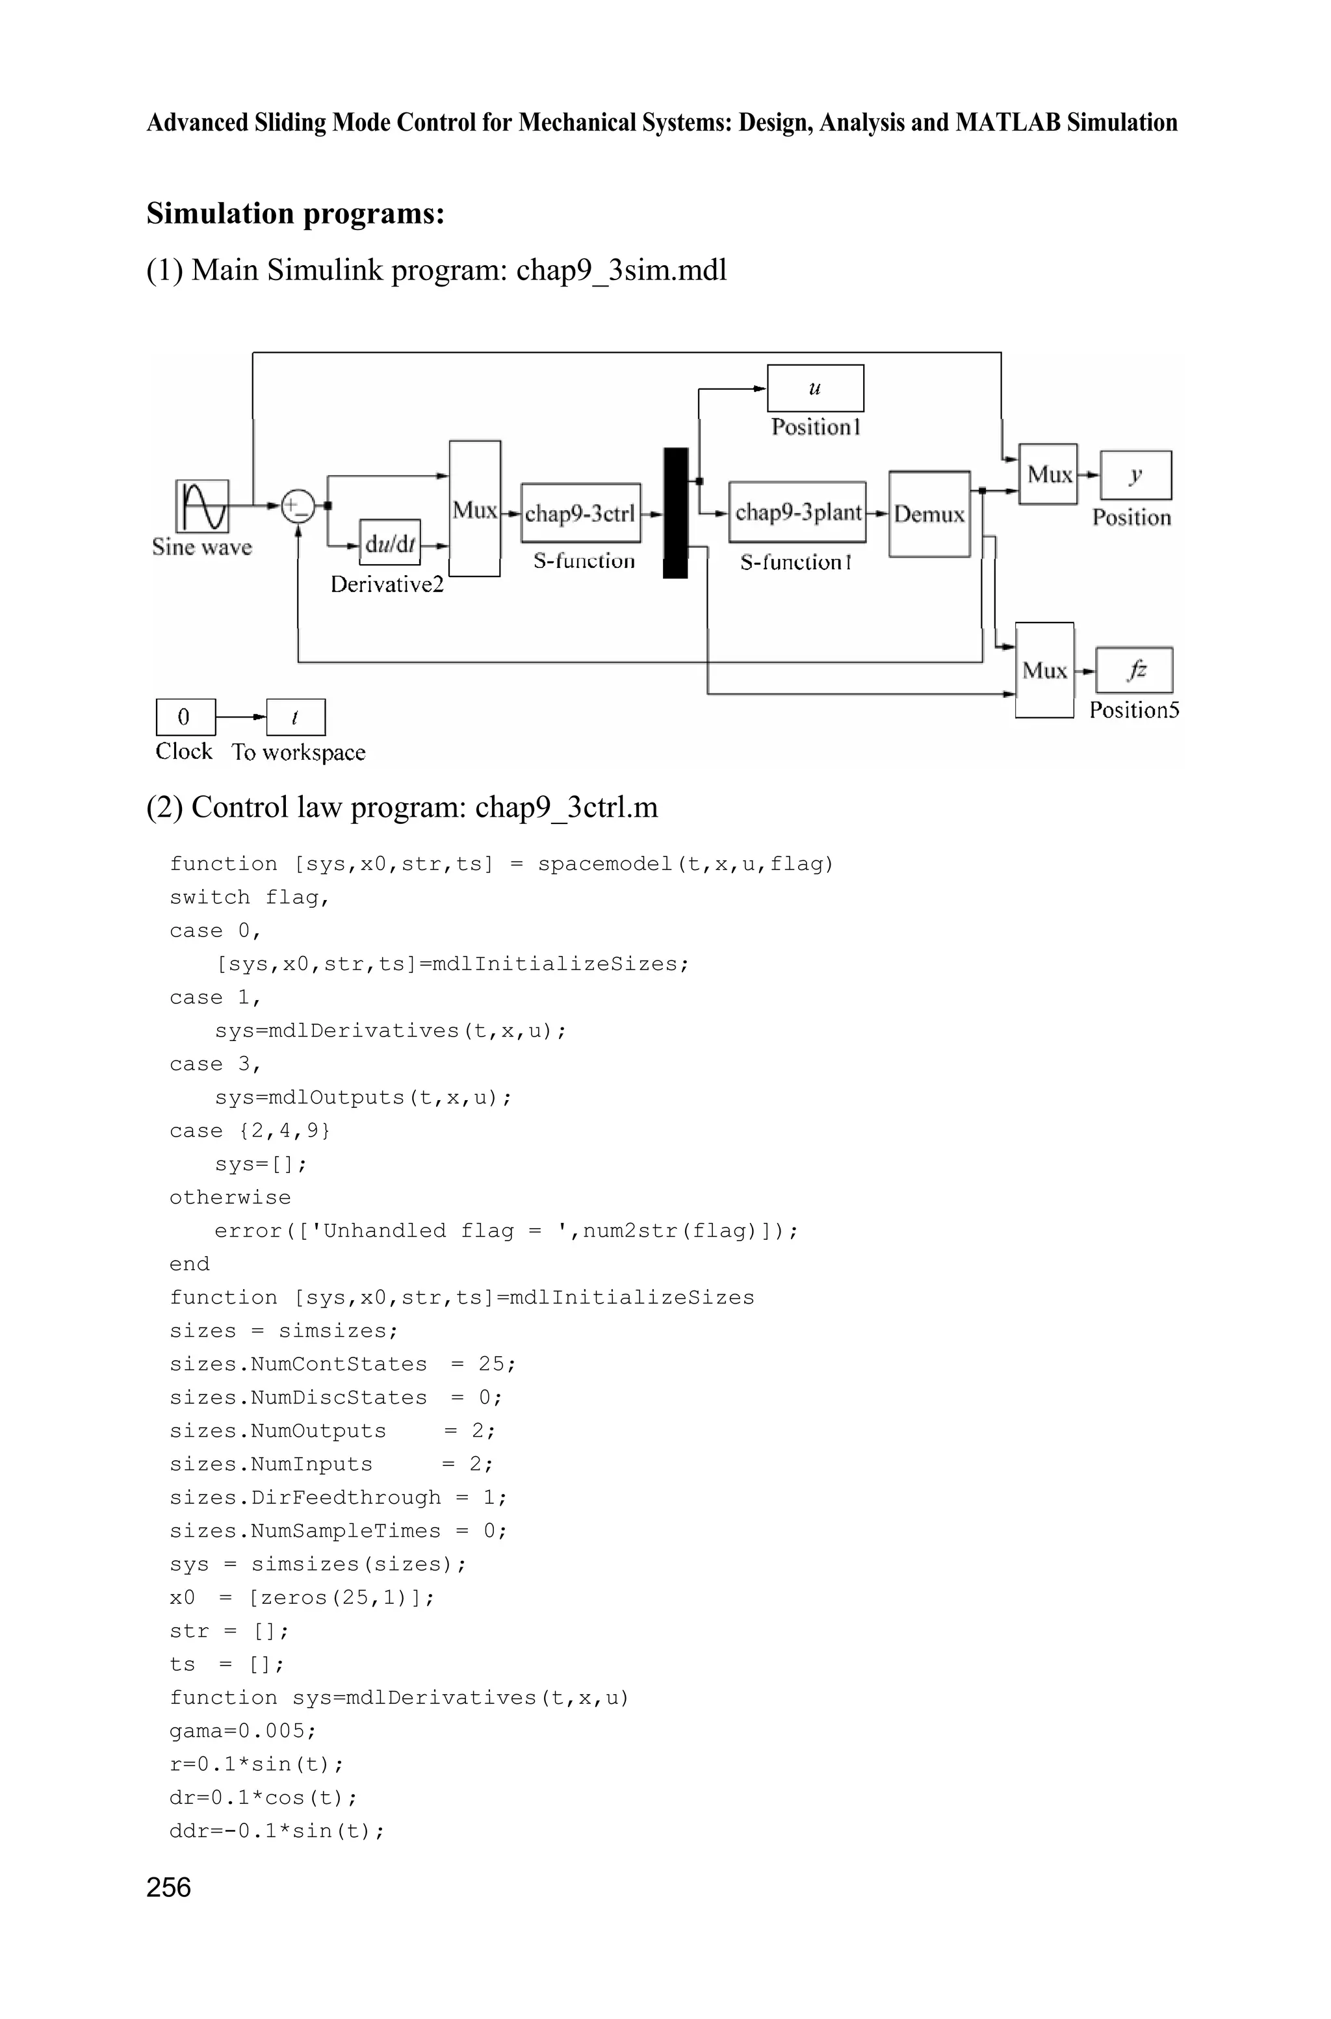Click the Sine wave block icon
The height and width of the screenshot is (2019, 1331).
(x=202, y=506)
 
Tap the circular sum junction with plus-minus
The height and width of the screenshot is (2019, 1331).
(x=298, y=506)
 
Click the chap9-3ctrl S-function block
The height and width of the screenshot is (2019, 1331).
(x=580, y=513)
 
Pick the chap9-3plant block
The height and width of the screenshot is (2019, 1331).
(x=797, y=512)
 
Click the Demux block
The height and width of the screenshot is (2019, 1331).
(x=929, y=513)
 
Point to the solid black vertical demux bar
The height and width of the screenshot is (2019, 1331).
(x=676, y=513)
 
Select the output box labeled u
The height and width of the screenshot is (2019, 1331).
(x=815, y=389)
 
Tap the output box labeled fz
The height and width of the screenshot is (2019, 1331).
(x=1135, y=671)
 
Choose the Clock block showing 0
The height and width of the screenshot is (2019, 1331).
(x=185, y=717)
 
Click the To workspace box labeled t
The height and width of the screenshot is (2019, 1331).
(x=296, y=717)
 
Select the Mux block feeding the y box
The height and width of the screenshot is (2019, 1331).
(x=1048, y=474)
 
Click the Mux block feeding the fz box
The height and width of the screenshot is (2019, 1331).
(x=1044, y=671)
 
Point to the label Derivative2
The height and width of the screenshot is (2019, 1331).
(x=387, y=585)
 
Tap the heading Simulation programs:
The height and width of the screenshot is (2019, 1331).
(x=296, y=213)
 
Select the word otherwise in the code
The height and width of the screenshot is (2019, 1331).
(x=230, y=1198)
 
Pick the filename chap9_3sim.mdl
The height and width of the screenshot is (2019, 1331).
(x=621, y=270)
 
